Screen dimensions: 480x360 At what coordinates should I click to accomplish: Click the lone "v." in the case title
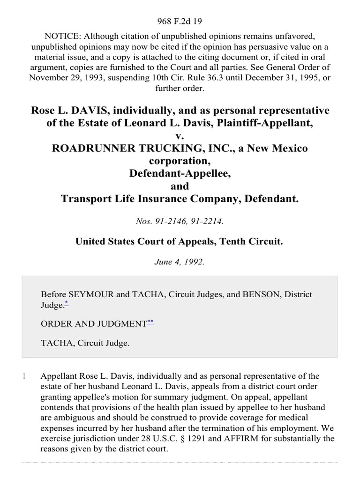[x=180, y=136]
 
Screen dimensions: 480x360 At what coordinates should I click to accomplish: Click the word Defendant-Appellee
[x=180, y=173]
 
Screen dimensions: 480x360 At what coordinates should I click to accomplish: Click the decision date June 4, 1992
[x=180, y=262]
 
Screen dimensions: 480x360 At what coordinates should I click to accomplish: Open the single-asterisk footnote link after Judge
[x=66, y=304]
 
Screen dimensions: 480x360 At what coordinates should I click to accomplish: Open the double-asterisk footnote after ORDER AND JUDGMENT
[x=150, y=322]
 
